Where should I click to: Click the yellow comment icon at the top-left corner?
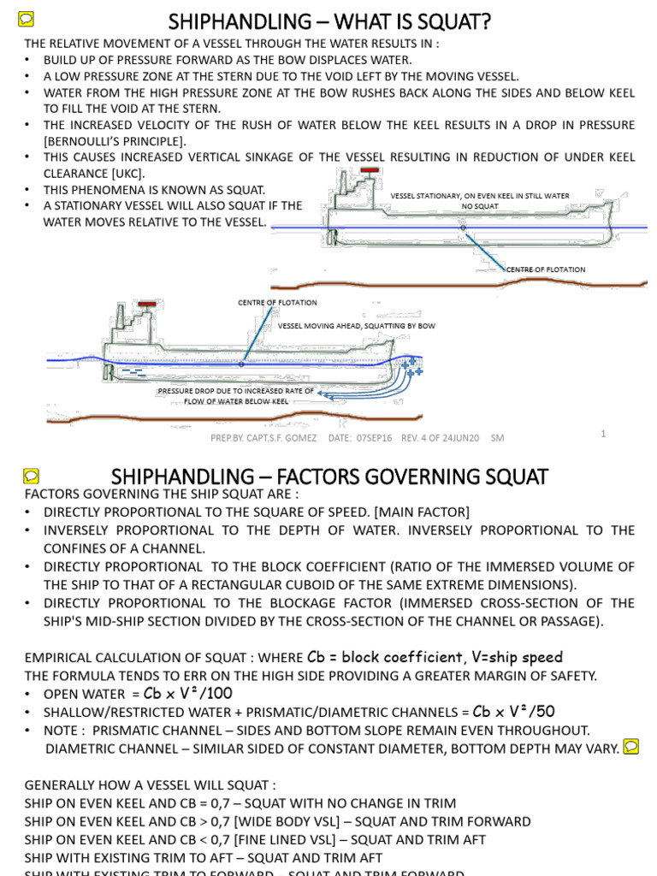[26, 19]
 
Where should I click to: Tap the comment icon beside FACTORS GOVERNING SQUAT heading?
[32, 476]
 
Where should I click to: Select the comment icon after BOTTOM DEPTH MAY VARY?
[631, 746]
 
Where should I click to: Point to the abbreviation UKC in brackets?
[125, 174]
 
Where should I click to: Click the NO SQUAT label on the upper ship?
[479, 206]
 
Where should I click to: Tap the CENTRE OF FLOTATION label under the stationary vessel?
[546, 269]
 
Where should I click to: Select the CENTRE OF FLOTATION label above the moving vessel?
[277, 302]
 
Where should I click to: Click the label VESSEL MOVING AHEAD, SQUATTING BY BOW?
[356, 326]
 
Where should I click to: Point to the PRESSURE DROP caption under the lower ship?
[236, 395]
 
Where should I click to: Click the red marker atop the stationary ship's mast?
[369, 170]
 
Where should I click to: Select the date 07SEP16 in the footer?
[374, 438]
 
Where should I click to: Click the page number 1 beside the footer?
[603, 434]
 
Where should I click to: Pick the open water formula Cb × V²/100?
[187, 694]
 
